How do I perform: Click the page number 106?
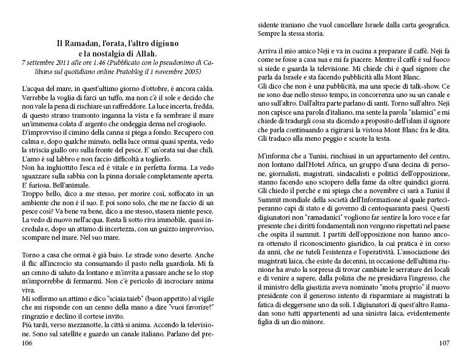click(x=27, y=344)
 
